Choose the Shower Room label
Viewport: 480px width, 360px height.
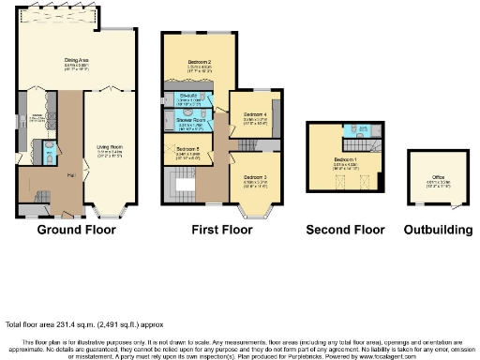tap(191, 121)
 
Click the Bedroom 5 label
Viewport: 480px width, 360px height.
tap(187, 148)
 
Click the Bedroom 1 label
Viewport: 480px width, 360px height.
tap(345, 159)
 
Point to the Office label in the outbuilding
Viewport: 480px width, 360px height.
tap(438, 176)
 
